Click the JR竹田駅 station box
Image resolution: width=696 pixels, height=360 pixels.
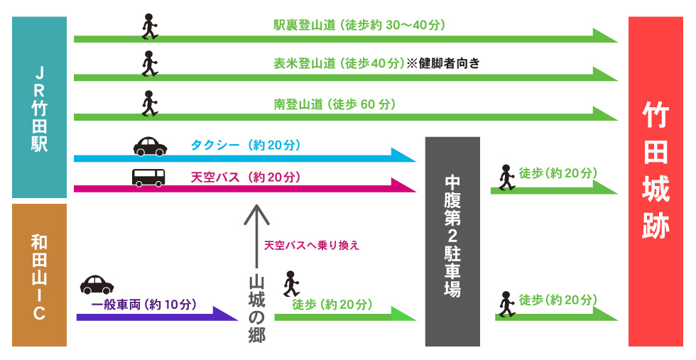40,107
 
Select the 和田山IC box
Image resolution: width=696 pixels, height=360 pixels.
40,275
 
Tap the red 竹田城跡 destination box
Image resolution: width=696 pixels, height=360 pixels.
656,182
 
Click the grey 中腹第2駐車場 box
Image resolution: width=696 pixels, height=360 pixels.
452,241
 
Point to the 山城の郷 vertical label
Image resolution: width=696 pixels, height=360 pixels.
256,309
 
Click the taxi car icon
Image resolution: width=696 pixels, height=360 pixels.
150,146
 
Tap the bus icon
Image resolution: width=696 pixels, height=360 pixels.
148,177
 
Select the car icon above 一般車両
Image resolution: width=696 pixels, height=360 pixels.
97,284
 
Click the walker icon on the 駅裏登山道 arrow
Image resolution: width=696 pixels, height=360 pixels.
149,26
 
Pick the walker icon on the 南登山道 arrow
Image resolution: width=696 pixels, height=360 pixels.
149,103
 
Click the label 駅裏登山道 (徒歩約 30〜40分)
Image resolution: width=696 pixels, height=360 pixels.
359,25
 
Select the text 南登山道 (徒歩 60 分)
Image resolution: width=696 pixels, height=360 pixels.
335,104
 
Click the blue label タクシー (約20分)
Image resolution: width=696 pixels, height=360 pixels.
246,146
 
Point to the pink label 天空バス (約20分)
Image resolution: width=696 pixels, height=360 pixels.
246,177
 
